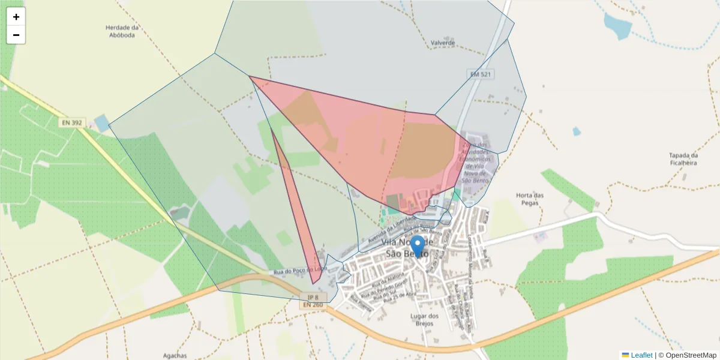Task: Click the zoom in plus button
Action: click(x=16, y=17)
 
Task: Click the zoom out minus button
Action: click(x=16, y=35)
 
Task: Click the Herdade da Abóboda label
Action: click(x=122, y=31)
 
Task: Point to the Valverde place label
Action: click(x=443, y=43)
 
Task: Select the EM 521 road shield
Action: click(x=481, y=73)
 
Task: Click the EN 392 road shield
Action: click(x=72, y=122)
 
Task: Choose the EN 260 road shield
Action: click(x=313, y=305)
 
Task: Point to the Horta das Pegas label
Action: click(x=530, y=199)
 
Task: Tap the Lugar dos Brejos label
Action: click(x=424, y=319)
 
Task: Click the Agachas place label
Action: click(x=175, y=355)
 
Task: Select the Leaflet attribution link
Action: click(x=641, y=355)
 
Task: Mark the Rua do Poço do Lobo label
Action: click(x=300, y=271)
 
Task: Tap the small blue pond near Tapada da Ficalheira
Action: click(x=576, y=131)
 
